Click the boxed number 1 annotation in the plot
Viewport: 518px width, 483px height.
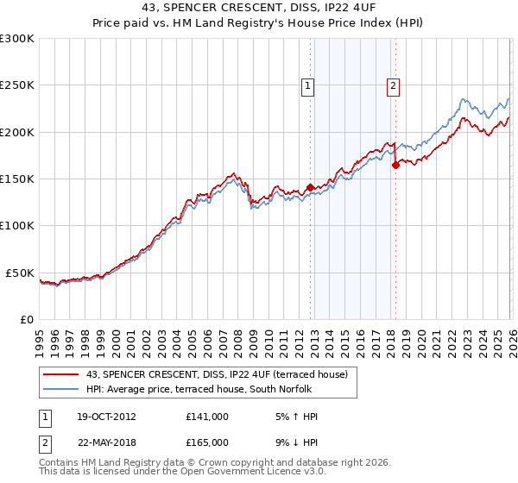coord(308,85)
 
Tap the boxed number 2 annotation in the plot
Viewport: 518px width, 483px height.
coord(393,85)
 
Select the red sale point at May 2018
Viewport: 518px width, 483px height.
coord(395,165)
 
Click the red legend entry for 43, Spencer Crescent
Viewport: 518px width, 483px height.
coord(216,374)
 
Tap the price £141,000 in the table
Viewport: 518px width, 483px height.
coord(207,417)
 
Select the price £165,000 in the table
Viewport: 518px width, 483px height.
coord(207,444)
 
